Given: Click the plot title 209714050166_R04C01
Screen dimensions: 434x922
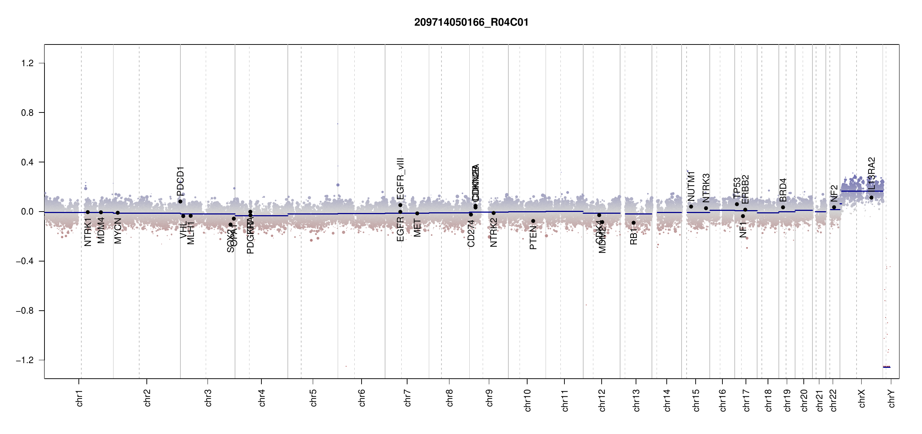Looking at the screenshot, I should pyautogui.click(x=471, y=22).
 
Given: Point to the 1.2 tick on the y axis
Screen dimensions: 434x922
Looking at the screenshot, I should pyautogui.click(x=27, y=63).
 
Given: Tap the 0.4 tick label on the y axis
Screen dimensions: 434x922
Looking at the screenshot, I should pyautogui.click(x=27, y=162).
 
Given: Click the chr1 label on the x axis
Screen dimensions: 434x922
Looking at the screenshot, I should pyautogui.click(x=80, y=398).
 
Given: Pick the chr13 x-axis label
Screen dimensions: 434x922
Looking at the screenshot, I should pyautogui.click(x=636, y=400).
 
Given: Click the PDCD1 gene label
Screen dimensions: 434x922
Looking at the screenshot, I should pyautogui.click(x=180, y=179).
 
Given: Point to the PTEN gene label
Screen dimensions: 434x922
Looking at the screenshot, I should pyautogui.click(x=533, y=238).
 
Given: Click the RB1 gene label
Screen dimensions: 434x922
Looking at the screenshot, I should pyautogui.click(x=633, y=237).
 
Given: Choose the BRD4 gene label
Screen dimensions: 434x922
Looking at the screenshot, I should pyautogui.click(x=783, y=190).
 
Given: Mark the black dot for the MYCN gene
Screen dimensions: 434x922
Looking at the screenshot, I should pyautogui.click(x=118, y=213).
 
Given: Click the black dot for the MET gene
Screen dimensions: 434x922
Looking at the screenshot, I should pyautogui.click(x=417, y=213).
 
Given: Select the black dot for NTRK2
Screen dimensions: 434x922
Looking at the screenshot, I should pyautogui.click(x=494, y=213).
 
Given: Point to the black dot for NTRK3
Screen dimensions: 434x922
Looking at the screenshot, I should pyautogui.click(x=706, y=208).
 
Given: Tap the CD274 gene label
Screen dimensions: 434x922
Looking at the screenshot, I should pyautogui.click(x=471, y=234).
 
